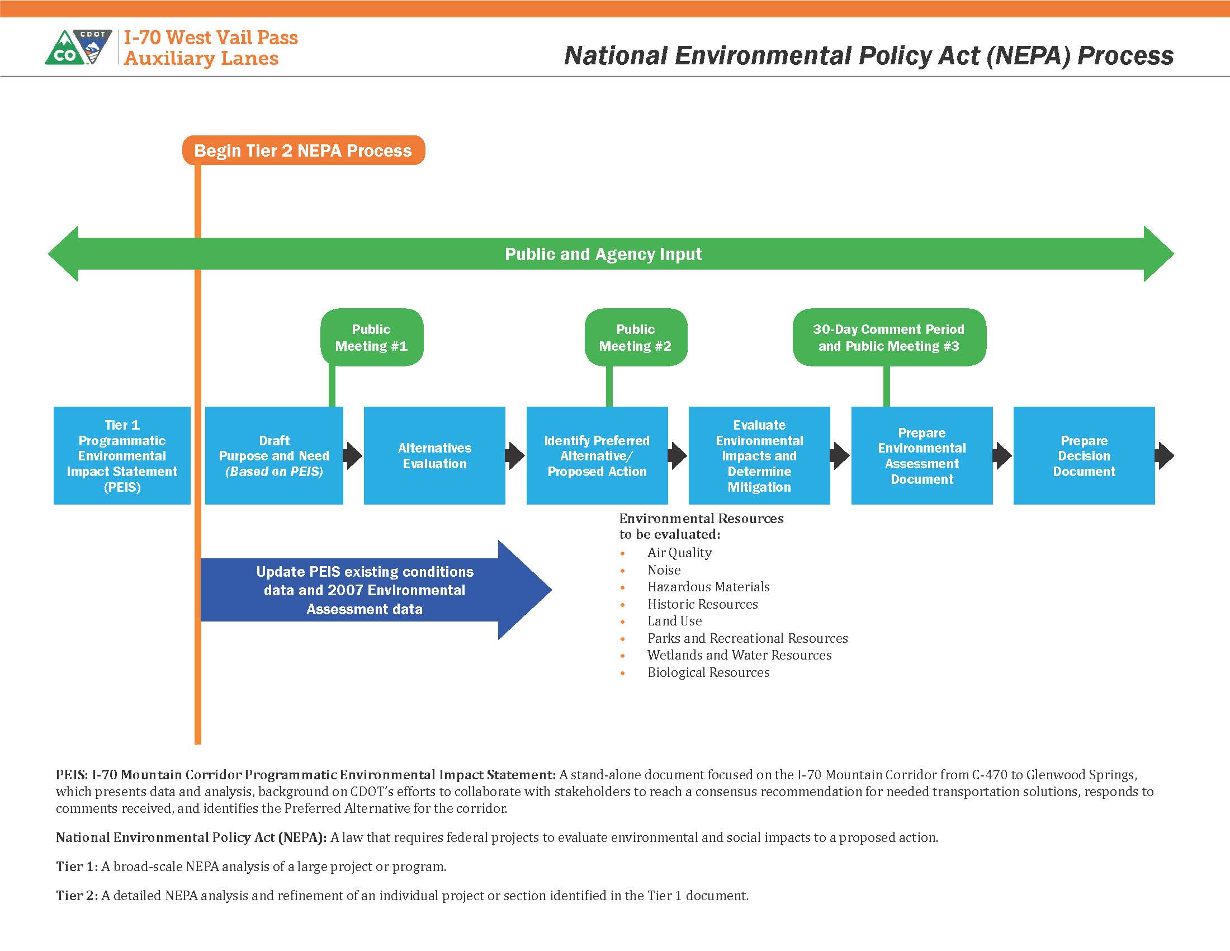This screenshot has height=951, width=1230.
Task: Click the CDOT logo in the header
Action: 79,48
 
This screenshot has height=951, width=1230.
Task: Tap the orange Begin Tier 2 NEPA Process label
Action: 303,150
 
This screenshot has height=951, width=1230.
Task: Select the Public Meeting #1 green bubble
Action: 372,337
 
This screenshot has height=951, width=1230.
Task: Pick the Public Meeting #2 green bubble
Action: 635,337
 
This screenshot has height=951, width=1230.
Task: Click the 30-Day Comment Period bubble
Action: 889,337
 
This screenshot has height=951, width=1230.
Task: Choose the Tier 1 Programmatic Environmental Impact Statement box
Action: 122,455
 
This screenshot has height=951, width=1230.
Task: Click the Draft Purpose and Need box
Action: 274,455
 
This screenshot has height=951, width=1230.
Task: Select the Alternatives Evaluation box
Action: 434,455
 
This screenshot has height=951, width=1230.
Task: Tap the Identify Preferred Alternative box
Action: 597,455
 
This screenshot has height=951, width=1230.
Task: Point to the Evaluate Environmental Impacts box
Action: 759,455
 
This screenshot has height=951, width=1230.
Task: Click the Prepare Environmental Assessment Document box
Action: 921,455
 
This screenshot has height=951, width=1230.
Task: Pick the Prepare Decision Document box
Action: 1084,455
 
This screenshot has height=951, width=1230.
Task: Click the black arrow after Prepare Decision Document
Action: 1165,456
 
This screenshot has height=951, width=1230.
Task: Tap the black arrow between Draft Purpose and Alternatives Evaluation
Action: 353,456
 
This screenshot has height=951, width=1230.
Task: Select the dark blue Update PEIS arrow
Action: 372,590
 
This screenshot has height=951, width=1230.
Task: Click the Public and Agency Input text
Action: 603,254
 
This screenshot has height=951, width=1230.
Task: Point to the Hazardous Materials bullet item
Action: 708,587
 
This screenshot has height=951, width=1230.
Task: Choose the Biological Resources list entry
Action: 708,672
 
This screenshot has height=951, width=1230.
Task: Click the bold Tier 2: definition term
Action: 77,896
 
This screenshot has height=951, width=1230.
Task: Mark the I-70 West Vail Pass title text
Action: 211,37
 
